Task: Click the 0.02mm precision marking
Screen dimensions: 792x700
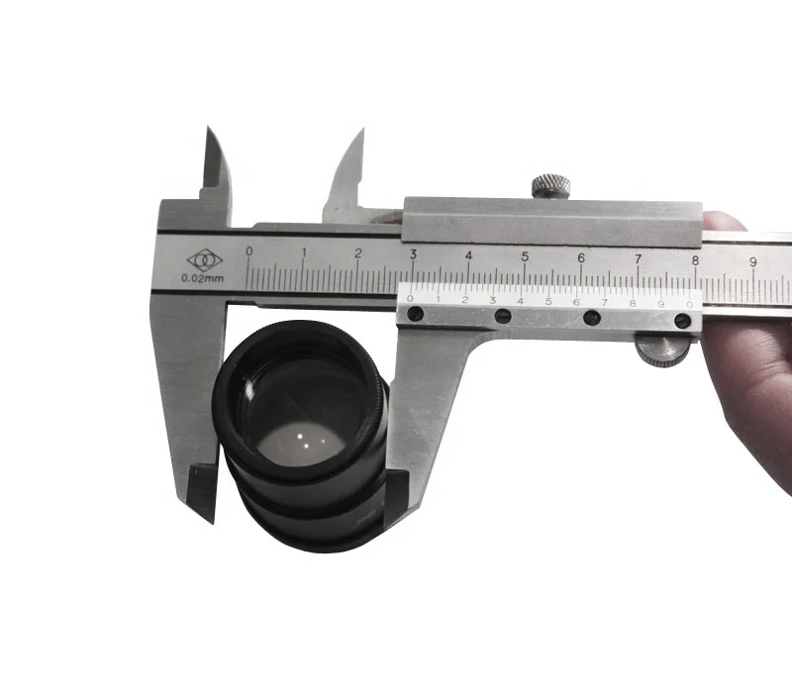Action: tap(203, 278)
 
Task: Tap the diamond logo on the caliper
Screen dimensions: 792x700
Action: tap(205, 260)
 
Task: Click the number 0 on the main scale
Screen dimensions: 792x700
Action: tap(249, 250)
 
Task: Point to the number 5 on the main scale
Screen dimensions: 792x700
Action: tap(525, 256)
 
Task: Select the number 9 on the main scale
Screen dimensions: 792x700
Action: tap(753, 261)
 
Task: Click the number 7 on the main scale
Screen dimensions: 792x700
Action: tap(638, 259)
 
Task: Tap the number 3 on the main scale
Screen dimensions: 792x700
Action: tap(413, 254)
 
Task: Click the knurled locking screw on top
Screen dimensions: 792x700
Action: tap(551, 185)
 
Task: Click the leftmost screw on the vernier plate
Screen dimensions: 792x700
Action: tap(415, 314)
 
